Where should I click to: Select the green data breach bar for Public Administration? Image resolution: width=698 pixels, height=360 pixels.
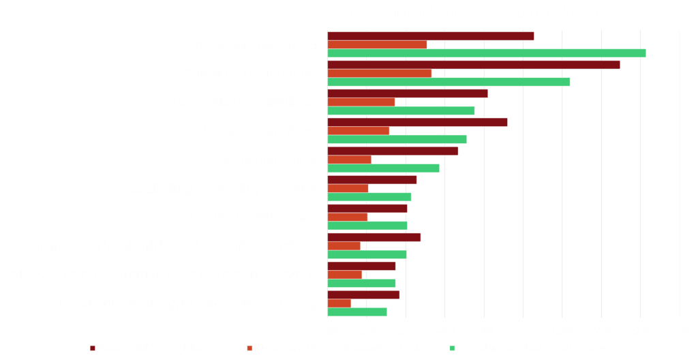click(487, 53)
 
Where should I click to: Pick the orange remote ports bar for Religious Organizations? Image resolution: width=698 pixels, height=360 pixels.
click(361, 102)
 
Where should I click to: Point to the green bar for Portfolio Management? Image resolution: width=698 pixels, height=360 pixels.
click(383, 168)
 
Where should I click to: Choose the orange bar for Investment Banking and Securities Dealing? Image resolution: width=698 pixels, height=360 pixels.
click(339, 303)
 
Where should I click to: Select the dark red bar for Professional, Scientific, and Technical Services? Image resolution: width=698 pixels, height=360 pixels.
click(374, 237)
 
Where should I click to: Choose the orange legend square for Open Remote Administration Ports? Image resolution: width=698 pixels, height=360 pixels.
click(249, 348)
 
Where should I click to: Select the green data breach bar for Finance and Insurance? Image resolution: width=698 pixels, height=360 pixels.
click(449, 82)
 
